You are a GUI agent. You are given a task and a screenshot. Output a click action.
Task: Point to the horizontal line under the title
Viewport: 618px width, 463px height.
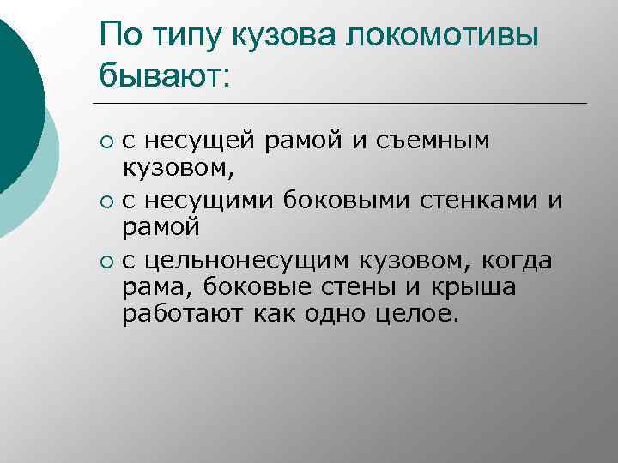343,104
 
